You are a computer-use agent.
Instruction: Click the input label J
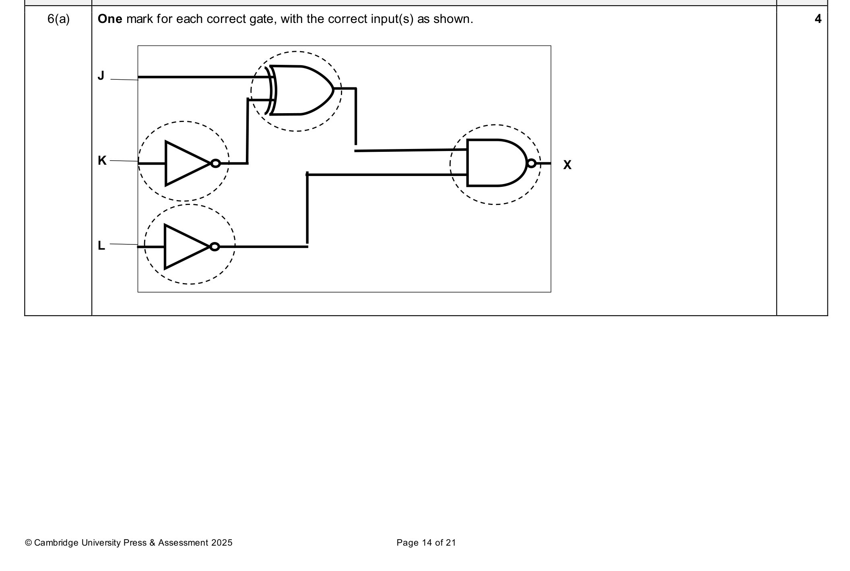101,75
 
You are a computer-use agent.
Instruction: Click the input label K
102,161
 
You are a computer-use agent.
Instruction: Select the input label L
101,245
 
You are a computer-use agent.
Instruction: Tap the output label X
567,165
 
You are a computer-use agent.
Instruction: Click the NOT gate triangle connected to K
188,163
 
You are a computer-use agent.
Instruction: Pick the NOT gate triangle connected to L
187,247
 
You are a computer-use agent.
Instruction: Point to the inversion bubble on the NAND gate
532,163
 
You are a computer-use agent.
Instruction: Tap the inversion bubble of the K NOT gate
216,163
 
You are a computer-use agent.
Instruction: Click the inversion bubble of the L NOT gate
215,247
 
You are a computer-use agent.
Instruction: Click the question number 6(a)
58,19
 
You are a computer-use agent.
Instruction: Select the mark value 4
818,19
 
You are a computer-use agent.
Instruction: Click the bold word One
110,19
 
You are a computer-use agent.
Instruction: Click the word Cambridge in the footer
56,543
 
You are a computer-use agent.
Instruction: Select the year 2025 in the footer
222,543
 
